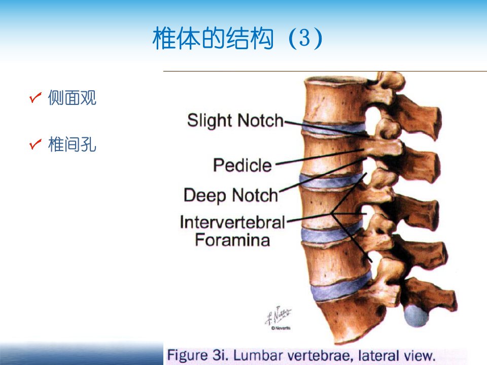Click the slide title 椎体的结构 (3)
click(x=237, y=38)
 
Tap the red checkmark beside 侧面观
click(x=36, y=97)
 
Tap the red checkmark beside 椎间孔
click(x=36, y=144)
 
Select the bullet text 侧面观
click(x=72, y=98)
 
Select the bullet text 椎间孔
click(x=72, y=144)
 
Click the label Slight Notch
click(x=235, y=121)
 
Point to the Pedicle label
click(x=242, y=165)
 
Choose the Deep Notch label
click(x=231, y=196)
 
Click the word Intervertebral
click(x=232, y=222)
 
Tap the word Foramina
click(x=232, y=240)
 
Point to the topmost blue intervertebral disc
click(x=334, y=128)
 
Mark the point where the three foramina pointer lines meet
click(x=332, y=213)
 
